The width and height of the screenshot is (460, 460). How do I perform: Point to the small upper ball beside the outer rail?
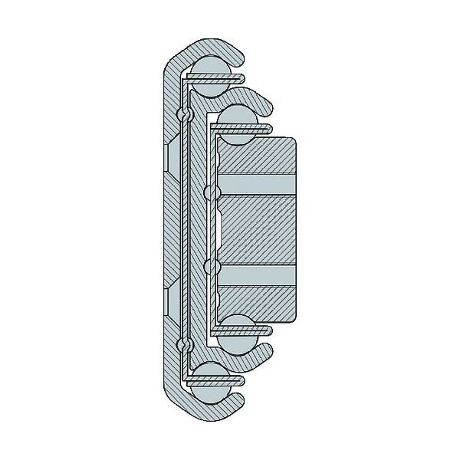183,114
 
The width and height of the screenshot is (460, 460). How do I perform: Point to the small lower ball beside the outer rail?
183,345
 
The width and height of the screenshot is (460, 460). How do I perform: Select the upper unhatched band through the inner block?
257,186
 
